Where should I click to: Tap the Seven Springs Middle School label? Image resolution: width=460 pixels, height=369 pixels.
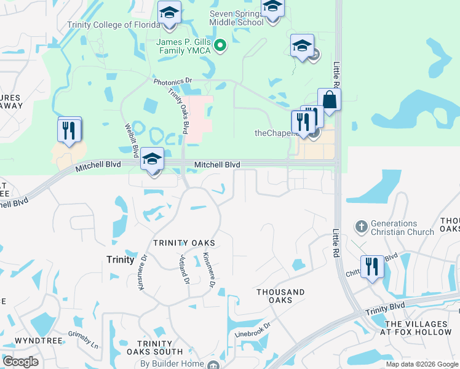coord(237,18)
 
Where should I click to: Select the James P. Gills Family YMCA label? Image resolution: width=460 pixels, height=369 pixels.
coord(183,46)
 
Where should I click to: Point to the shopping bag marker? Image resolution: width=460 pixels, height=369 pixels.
coord(329,100)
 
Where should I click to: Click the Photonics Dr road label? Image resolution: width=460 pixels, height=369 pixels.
coord(173,81)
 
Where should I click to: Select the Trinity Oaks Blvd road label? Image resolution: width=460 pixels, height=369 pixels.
coord(178,111)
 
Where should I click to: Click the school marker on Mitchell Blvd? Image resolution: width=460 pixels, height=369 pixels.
coord(152,160)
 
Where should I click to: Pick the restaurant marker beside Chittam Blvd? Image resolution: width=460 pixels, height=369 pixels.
coord(371,267)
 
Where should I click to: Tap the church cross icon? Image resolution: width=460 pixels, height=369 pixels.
coord(362,227)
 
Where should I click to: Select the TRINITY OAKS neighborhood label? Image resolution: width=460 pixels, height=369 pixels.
coord(184,244)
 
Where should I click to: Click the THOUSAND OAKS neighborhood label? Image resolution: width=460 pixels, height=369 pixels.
coord(280,296)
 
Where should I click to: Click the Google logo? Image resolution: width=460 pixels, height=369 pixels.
coord(20,361)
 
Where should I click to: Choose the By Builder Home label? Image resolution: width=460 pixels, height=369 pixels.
coord(171,363)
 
